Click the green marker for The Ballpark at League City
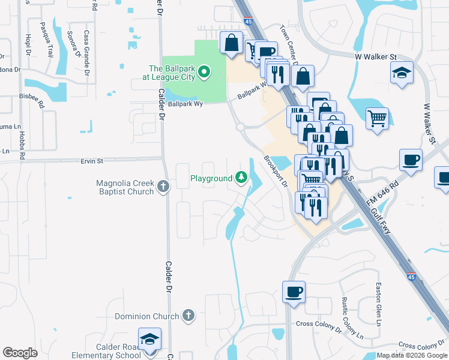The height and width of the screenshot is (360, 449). click(x=204, y=73)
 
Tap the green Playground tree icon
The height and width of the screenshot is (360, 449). click(x=241, y=178)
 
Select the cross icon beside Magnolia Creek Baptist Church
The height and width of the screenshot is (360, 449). click(x=163, y=187)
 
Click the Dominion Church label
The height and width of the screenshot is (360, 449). click(x=147, y=316)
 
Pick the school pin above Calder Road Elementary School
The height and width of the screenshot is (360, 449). click(x=149, y=339)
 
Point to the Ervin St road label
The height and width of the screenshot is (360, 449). click(x=92, y=161)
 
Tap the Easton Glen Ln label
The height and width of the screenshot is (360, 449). click(x=378, y=304)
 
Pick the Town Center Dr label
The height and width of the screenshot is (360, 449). click(x=290, y=41)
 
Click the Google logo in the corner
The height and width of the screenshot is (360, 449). click(x=20, y=353)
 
